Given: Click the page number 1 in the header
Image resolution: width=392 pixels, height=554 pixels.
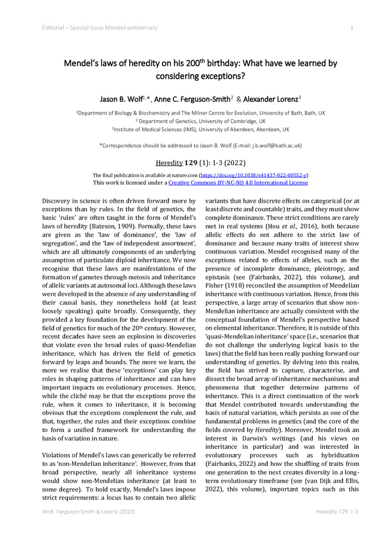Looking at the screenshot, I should tap(352, 28).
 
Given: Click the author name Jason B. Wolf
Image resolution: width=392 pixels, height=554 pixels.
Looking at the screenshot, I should tap(123, 99).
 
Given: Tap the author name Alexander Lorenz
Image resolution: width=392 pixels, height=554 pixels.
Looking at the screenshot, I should tap(270, 99).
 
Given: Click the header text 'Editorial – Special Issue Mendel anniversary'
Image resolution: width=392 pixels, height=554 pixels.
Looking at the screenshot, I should tap(100, 28).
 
